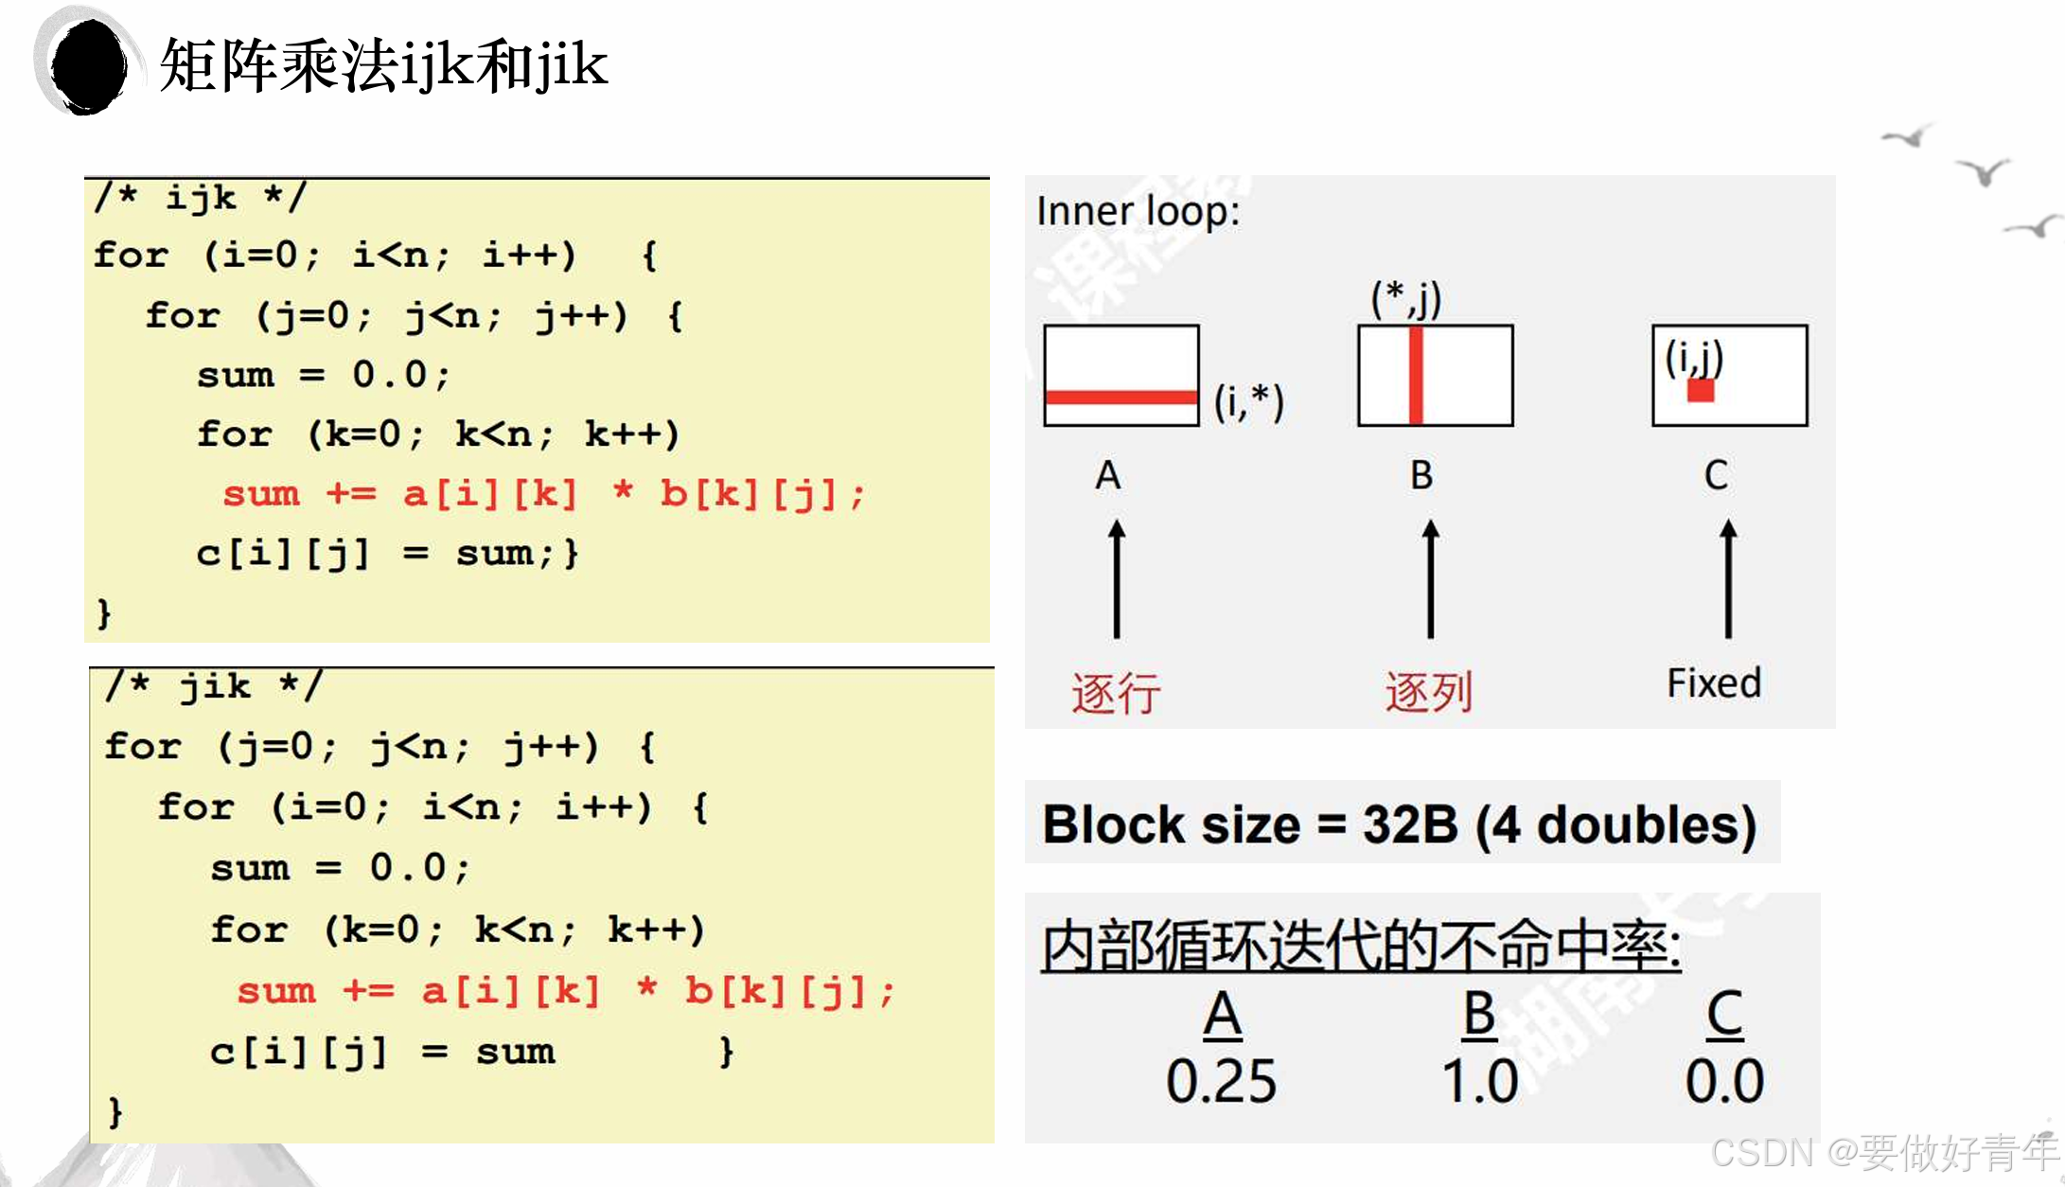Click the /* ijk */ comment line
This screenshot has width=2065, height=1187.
coord(201,197)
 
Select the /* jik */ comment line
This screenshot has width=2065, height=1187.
coord(215,685)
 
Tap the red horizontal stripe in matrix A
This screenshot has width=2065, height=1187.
coord(1121,397)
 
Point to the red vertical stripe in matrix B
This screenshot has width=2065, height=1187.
coord(1416,375)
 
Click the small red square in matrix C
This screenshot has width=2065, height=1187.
coord(1701,390)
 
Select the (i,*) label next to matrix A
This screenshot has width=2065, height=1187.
coord(1249,401)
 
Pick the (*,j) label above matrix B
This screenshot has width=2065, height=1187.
coord(1406,299)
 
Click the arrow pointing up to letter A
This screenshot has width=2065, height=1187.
coord(1117,578)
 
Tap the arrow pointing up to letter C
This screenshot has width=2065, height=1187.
coord(1728,578)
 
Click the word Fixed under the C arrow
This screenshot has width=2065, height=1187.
coord(1714,682)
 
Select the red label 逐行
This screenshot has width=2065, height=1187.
coord(1116,693)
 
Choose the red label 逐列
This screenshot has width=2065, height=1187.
coord(1429,692)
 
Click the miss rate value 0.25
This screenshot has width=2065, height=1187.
coord(1221,1081)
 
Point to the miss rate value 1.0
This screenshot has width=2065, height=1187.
coord(1479,1081)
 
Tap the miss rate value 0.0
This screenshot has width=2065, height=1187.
coord(1724,1081)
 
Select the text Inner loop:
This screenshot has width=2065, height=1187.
coord(1138,211)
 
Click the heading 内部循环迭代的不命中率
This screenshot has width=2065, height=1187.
coord(1361,946)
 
